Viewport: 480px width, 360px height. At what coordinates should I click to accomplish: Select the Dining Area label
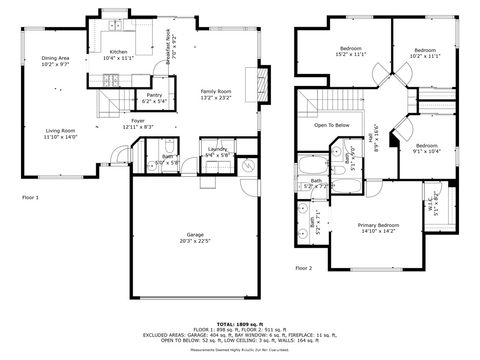[55, 62]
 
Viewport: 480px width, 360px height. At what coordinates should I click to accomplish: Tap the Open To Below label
[332, 125]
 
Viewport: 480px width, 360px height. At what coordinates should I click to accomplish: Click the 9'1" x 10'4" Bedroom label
[427, 148]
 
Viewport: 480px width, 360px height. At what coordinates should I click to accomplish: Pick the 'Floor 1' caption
[30, 197]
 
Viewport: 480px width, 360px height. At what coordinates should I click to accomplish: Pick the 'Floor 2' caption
[303, 268]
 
